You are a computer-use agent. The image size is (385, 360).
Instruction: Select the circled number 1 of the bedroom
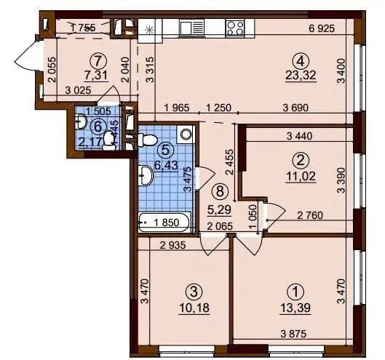[x=294, y=292]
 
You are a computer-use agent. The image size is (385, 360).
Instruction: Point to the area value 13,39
[x=294, y=306]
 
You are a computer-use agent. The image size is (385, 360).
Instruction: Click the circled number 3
[x=192, y=292]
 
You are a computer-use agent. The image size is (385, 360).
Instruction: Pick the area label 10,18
[x=192, y=306]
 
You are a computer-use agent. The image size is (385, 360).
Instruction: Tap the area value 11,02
[x=298, y=175]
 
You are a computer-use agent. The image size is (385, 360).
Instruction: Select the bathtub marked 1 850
[x=164, y=223]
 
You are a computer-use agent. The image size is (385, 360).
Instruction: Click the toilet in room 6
[x=109, y=138]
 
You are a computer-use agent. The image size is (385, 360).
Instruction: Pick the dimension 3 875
[x=294, y=335]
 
